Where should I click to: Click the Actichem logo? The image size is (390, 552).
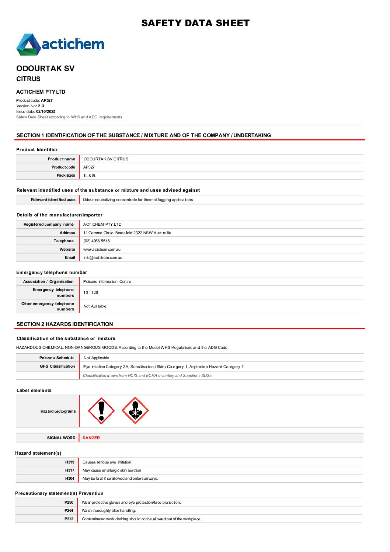[60, 45]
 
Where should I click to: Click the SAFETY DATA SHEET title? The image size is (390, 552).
[195, 23]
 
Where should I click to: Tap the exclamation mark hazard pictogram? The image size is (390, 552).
[101, 410]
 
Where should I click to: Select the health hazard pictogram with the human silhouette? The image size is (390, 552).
[135, 410]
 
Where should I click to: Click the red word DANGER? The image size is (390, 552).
[91, 438]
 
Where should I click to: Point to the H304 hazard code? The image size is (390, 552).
[70, 478]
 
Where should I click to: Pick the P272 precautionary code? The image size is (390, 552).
[69, 519]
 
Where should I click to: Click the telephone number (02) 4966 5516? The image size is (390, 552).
[97, 241]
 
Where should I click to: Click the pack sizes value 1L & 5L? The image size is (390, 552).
[90, 176]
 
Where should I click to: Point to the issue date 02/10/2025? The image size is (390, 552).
[46, 111]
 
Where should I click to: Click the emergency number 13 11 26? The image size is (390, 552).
[91, 292]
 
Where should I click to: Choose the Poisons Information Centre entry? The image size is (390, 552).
[107, 281]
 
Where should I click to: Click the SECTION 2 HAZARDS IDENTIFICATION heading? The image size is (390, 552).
[65, 324]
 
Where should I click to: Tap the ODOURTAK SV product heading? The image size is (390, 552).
[45, 69]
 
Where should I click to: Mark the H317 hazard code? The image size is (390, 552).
[70, 470]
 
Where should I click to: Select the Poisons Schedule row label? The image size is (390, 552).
[56, 358]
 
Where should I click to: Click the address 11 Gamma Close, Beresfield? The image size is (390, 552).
[127, 233]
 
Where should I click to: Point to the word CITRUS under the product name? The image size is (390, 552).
[28, 79]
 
